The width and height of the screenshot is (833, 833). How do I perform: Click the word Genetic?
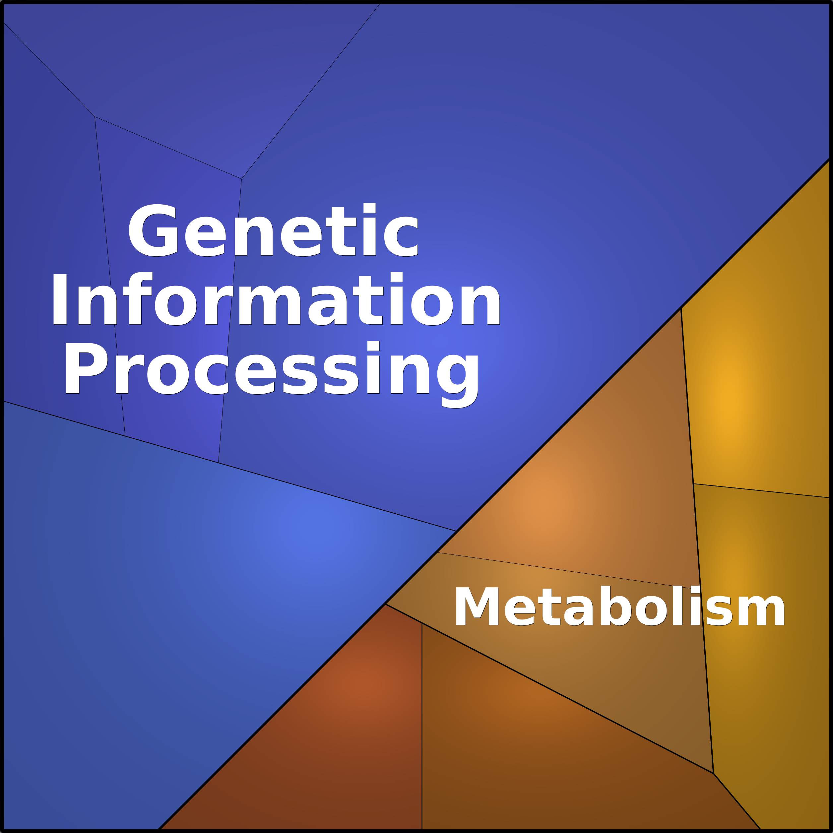click(273, 230)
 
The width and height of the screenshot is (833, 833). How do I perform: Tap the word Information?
click(276, 299)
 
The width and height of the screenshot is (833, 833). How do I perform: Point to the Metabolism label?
click(619, 606)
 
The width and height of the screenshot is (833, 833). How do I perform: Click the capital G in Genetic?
click(153, 230)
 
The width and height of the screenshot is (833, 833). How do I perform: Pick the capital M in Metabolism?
click(477, 606)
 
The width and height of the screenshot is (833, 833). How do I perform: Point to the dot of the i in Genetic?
click(369, 207)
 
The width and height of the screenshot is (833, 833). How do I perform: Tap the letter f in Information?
click(138, 298)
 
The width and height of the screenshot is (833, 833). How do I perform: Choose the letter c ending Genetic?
click(401, 236)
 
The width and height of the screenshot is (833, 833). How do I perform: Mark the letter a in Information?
click(328, 305)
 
